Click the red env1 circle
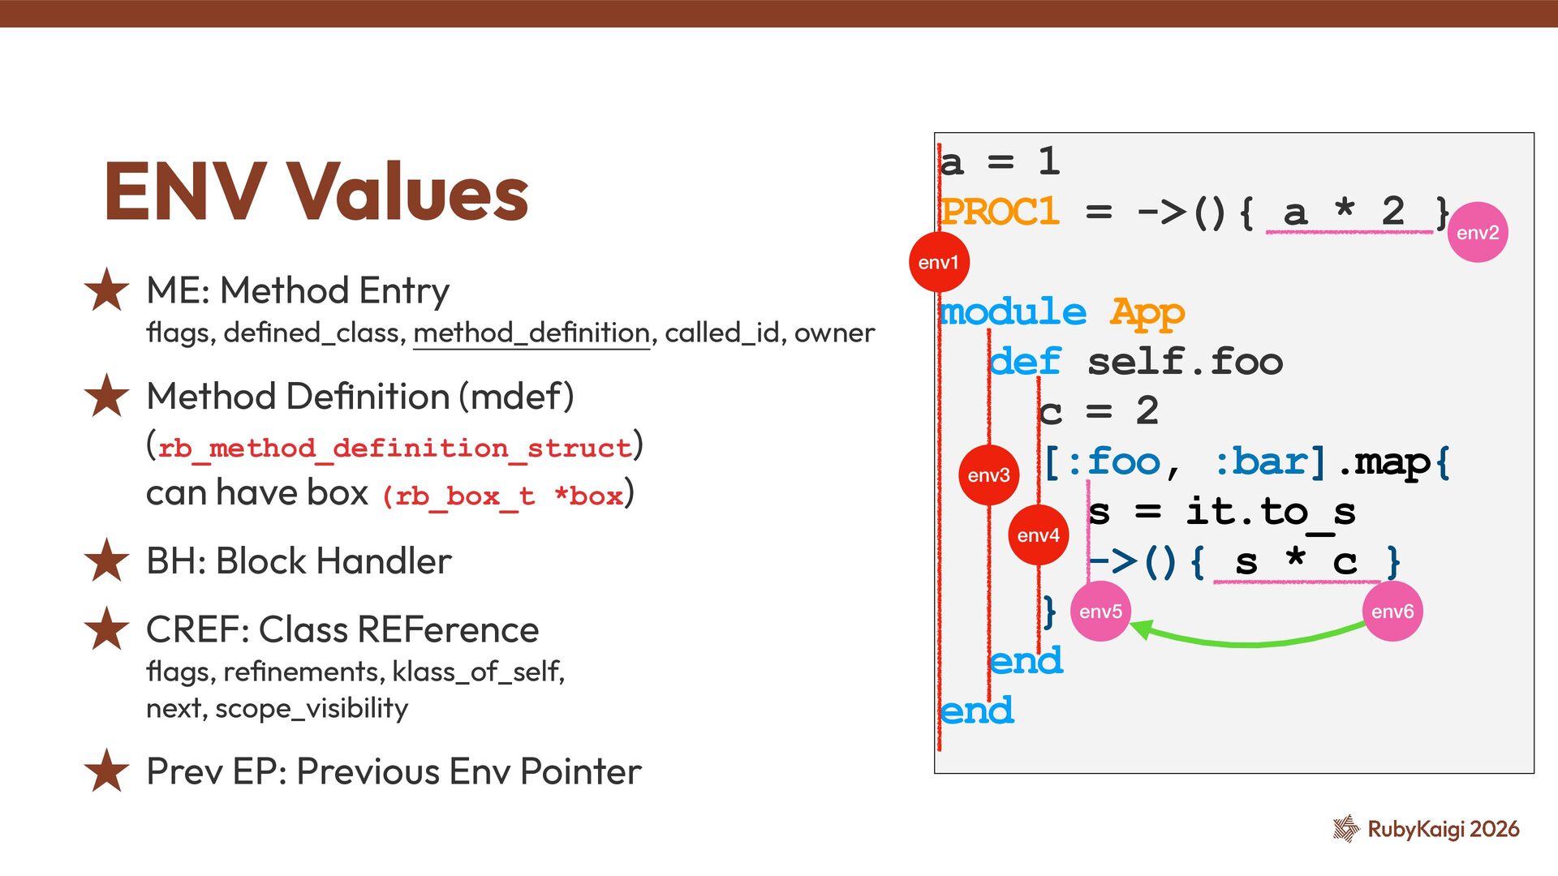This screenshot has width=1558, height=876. coord(939,262)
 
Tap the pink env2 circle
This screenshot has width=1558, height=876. coord(1477,233)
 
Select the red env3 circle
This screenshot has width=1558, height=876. coord(988,475)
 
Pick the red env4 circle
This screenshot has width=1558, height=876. coord(1038,535)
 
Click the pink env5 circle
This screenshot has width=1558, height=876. coord(1100,612)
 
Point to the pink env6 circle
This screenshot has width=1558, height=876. coord(1392,612)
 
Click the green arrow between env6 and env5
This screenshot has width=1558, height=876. coord(1250,642)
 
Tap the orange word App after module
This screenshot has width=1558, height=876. coord(1147,312)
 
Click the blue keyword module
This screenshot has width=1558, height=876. coord(1013,312)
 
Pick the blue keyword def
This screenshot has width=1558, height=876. coord(1025,362)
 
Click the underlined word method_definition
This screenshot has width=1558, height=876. coord(532,333)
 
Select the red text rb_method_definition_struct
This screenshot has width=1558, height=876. coord(394,448)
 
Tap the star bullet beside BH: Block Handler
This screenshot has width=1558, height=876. coord(106,560)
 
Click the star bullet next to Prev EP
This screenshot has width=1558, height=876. coord(106,771)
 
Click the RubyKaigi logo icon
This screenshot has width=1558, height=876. coord(1346,828)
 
